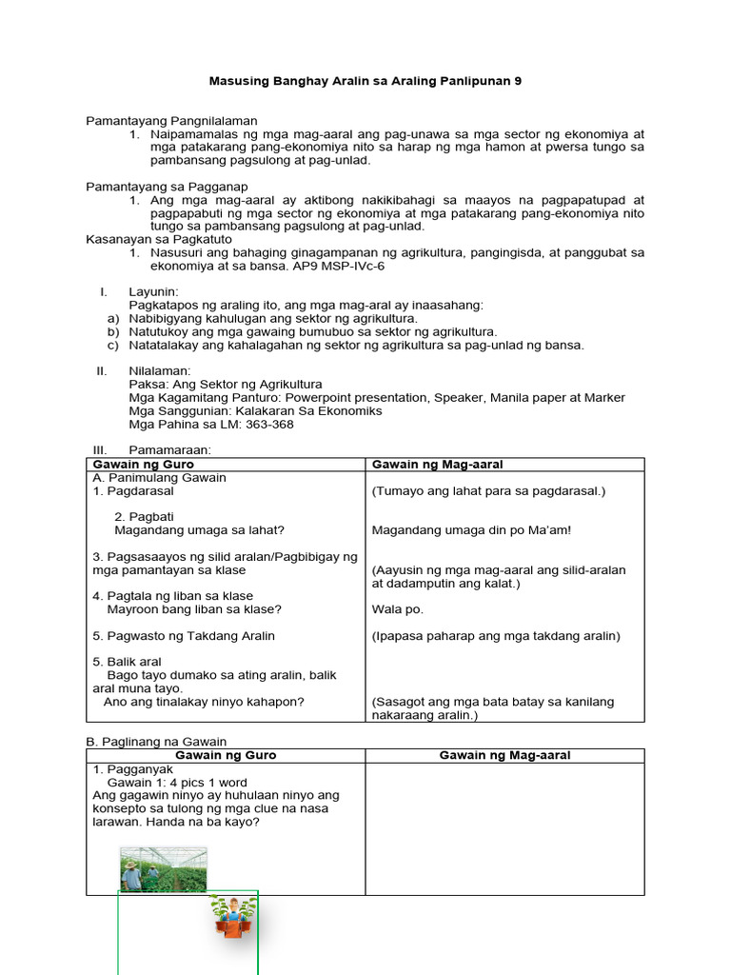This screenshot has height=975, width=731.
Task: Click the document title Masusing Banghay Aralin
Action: click(x=365, y=82)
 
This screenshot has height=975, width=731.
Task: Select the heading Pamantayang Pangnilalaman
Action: click(x=171, y=121)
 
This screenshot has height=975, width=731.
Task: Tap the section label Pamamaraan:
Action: click(x=169, y=449)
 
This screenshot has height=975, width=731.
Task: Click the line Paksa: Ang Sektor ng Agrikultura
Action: click(x=226, y=385)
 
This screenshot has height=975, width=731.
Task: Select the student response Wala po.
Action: click(x=397, y=609)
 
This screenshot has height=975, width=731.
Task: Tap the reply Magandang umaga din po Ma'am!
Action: click(x=471, y=530)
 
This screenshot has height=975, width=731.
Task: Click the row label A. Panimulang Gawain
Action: click(x=159, y=478)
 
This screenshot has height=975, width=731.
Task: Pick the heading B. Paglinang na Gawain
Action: click(x=156, y=741)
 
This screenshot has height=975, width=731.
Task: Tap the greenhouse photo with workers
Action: click(x=163, y=869)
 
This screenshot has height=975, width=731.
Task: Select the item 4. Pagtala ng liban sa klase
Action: click(x=173, y=596)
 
